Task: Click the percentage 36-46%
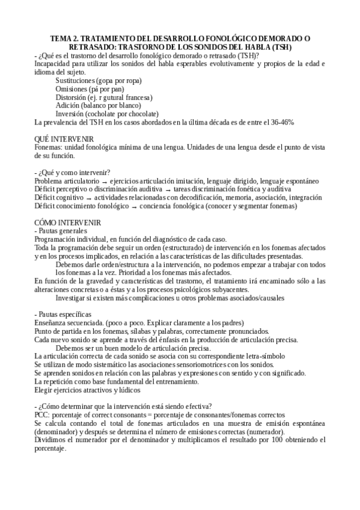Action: point(280,121)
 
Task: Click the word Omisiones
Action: point(71,88)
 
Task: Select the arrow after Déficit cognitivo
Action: point(88,197)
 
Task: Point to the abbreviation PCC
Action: point(42,414)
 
